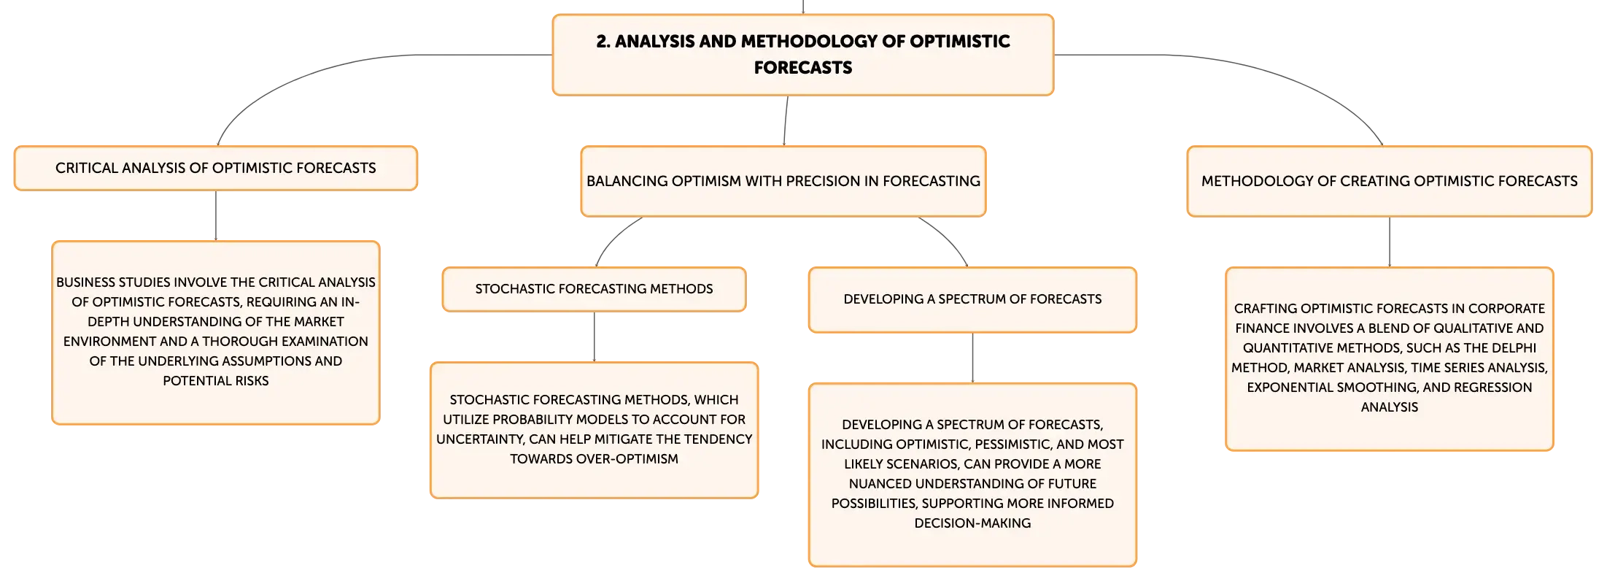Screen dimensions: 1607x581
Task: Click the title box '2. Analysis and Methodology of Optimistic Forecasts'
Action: pos(803,55)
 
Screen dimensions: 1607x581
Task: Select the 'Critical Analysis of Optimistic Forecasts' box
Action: pos(216,168)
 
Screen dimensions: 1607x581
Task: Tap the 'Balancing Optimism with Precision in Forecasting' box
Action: pos(783,181)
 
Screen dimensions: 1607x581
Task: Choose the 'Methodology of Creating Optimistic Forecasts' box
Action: pos(1390,181)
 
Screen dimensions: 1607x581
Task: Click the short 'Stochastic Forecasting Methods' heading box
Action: pos(595,289)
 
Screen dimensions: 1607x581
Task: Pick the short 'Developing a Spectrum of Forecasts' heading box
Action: pos(972,299)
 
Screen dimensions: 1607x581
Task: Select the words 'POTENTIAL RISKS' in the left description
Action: pos(216,381)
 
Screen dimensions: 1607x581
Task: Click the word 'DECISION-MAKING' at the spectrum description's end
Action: pos(972,523)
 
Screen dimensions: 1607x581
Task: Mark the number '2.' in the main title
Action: pos(603,42)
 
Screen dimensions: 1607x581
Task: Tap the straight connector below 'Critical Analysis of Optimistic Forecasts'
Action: pos(216,215)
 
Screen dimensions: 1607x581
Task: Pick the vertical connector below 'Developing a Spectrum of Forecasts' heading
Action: pos(972,358)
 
